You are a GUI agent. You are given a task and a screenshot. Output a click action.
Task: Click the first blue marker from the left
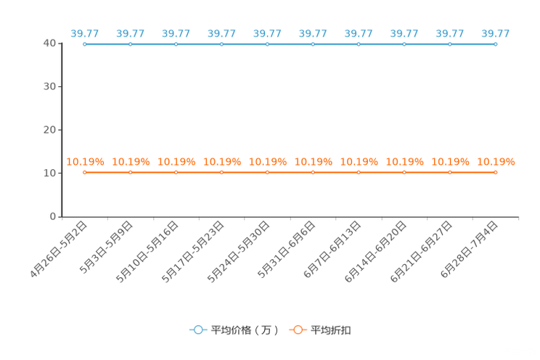pyautogui.click(x=85, y=44)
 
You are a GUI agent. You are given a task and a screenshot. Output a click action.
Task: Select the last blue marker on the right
pyautogui.click(x=496, y=44)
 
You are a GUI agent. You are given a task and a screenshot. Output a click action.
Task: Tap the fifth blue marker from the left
pyautogui.click(x=267, y=44)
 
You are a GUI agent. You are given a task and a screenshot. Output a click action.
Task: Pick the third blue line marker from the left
pyautogui.click(x=176, y=44)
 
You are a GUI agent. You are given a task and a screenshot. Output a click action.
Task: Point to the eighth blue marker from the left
pyautogui.click(x=404, y=44)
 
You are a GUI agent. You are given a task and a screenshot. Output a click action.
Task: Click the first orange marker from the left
pyautogui.click(x=85, y=172)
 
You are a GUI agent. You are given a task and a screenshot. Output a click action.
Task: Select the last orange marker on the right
pyautogui.click(x=496, y=172)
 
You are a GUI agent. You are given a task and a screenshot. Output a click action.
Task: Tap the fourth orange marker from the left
pyautogui.click(x=221, y=172)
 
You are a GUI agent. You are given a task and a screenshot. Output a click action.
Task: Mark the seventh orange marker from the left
pyautogui.click(x=359, y=172)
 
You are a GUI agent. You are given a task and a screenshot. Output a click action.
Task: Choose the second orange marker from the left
pyautogui.click(x=131, y=172)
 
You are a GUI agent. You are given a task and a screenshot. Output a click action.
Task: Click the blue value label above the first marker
pyautogui.click(x=85, y=33)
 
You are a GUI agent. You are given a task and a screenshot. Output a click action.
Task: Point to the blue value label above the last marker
pyautogui.click(x=496, y=33)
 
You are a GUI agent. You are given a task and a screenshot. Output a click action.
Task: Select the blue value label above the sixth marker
pyautogui.click(x=313, y=33)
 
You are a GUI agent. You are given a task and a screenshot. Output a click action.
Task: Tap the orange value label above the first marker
pyautogui.click(x=86, y=161)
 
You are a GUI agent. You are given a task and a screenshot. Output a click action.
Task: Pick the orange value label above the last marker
pyautogui.click(x=496, y=161)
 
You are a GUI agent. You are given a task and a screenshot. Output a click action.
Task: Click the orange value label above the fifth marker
pyautogui.click(x=268, y=161)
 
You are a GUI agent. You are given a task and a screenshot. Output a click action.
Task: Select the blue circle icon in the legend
pyautogui.click(x=197, y=330)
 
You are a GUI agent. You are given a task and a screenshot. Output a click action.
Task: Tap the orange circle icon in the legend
pyautogui.click(x=298, y=330)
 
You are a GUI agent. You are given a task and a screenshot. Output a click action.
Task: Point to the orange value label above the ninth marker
pyautogui.click(x=450, y=161)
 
